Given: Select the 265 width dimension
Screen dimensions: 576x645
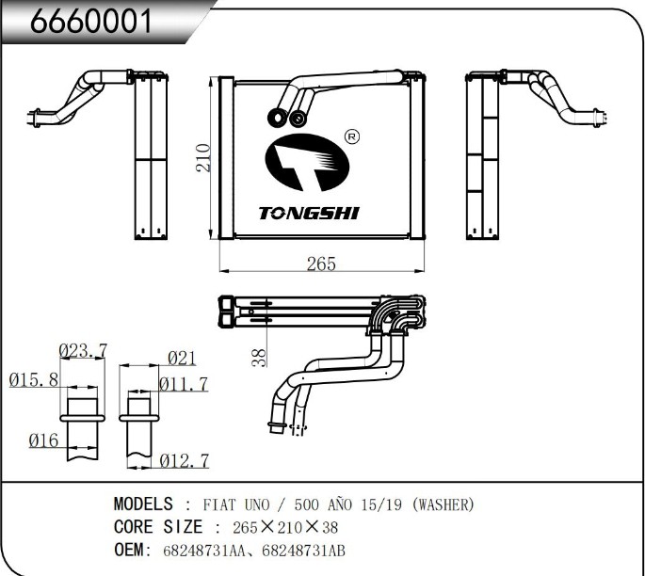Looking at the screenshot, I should (321, 264).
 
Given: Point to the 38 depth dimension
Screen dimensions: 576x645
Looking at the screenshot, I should (261, 357).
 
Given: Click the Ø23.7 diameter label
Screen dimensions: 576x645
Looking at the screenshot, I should (83, 351).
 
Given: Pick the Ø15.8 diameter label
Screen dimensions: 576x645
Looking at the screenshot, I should (33, 380).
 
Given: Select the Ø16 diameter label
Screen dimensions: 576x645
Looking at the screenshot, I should (42, 440).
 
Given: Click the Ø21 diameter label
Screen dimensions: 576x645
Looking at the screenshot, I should (181, 358).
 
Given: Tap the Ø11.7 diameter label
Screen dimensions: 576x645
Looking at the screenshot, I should (183, 383).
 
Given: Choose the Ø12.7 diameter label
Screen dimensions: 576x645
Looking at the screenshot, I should (184, 460).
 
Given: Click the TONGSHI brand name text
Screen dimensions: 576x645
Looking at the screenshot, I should (309, 214).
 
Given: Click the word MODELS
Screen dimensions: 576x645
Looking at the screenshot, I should (143, 504).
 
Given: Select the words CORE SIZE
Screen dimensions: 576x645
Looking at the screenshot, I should (157, 527).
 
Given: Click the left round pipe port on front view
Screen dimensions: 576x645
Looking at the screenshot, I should (279, 118).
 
